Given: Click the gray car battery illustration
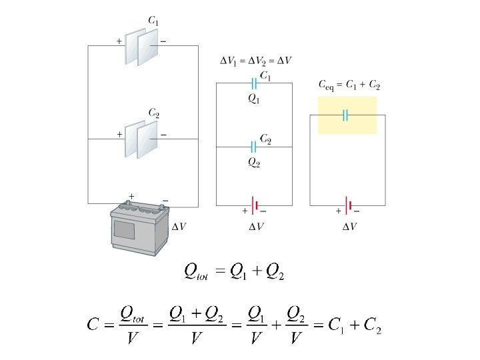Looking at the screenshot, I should (139, 227).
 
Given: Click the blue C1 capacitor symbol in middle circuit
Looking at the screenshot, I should (254, 83).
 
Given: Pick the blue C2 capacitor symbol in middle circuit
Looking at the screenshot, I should (254, 146).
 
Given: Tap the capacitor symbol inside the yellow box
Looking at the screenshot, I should (346, 115).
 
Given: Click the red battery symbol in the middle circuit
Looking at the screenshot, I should (254, 204).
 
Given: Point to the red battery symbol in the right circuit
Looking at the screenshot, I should (347, 204).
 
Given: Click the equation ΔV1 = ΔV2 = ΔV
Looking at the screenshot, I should (255, 61).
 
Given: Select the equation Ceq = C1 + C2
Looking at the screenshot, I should (349, 85).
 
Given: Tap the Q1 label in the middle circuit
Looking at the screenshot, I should (254, 99).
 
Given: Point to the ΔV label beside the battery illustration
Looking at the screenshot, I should (179, 227).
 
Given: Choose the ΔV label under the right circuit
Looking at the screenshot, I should (349, 227).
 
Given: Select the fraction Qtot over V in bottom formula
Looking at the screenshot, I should (132, 325).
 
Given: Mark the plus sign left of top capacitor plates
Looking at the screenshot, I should (119, 41).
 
